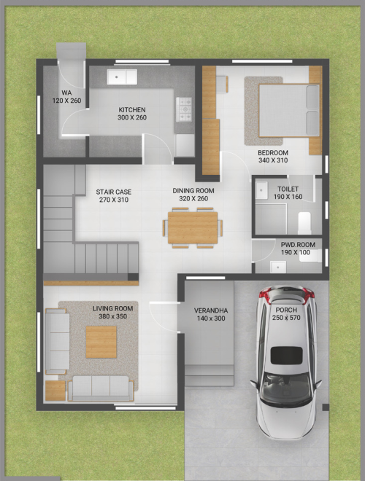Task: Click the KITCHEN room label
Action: pos(132,110)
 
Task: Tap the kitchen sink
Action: pos(122,77)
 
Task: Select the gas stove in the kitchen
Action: pos(184,109)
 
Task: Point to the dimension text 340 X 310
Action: pos(273,160)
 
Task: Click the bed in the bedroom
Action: pos(289,110)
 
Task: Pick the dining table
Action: pos(193,228)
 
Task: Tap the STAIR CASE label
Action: pos(114,192)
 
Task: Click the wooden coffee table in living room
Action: pos(101,342)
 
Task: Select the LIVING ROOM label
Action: pos(113,308)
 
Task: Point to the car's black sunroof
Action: pos(286,355)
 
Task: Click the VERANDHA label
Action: pos(211,310)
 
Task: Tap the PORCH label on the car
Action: pos(286,310)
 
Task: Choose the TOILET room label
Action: pos(288,189)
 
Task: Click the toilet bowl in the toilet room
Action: pos(304,223)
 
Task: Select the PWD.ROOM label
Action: pos(298,245)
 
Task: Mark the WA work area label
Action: pos(66,93)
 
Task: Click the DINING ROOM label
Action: pos(193,191)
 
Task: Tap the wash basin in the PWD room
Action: pos(278,267)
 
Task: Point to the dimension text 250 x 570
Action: pos(286,318)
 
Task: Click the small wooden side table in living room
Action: pos(55,391)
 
